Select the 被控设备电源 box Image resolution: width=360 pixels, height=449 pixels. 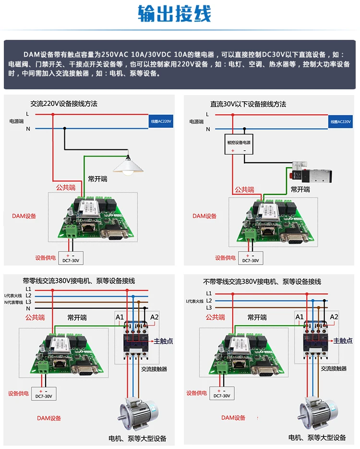[x=239, y=143]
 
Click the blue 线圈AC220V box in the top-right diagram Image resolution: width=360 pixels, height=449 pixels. [x=341, y=121]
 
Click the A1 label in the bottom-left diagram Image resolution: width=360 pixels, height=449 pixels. [x=120, y=317]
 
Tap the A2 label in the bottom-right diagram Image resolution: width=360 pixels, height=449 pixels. [x=334, y=316]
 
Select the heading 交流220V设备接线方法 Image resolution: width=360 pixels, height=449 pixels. [x=64, y=104]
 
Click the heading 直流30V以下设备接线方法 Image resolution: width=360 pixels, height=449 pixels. [x=248, y=104]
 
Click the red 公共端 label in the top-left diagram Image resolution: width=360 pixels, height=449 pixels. [x=66, y=187]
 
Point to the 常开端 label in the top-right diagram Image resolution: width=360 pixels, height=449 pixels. [x=300, y=189]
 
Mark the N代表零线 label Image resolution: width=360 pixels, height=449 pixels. [x=13, y=302]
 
